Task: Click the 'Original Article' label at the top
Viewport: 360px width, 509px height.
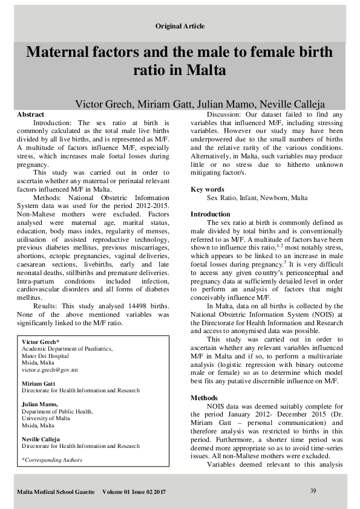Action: pos(180,26)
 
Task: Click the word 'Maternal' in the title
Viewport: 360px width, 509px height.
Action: pos(63,52)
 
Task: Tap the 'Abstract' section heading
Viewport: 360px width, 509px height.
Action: pos(30,114)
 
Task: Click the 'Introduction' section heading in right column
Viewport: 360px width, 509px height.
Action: pos(210,214)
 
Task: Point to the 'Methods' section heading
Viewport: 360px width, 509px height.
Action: pos(204,398)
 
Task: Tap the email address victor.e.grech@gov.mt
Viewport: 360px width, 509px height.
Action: pos(50,369)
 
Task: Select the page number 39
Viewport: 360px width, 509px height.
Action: pos(313,490)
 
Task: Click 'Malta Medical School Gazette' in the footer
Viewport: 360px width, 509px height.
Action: pos(56,493)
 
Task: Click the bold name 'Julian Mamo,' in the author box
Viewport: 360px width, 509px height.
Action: pos(39,404)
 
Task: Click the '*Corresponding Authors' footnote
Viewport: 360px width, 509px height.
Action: pos(51,459)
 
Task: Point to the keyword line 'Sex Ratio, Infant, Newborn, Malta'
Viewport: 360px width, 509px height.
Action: pos(257,198)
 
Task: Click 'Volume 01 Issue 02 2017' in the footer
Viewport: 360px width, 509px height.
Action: pos(134,493)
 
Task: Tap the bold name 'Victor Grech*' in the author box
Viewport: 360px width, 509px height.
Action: pos(41,342)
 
